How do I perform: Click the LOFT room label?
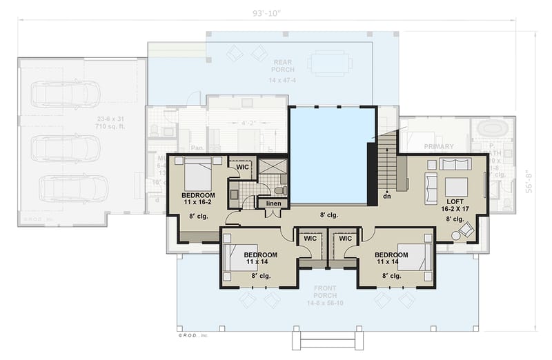455,202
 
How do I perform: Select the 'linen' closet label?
273,203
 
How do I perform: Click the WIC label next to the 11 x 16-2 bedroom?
242,166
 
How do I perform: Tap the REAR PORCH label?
283,66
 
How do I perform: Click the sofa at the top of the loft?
455,164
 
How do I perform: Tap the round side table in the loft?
456,235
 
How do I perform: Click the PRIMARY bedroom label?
439,146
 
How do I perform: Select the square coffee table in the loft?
456,186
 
